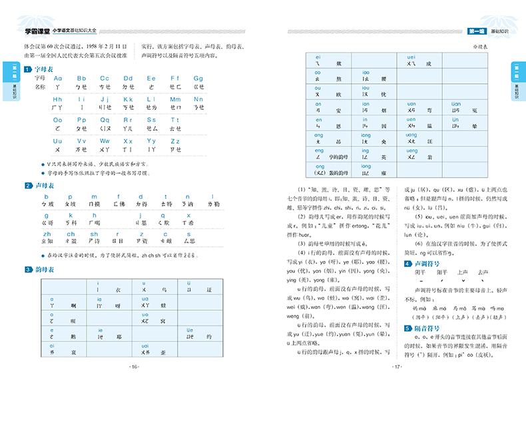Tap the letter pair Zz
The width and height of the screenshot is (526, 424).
176,141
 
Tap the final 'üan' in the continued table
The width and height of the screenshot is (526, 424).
457,104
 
